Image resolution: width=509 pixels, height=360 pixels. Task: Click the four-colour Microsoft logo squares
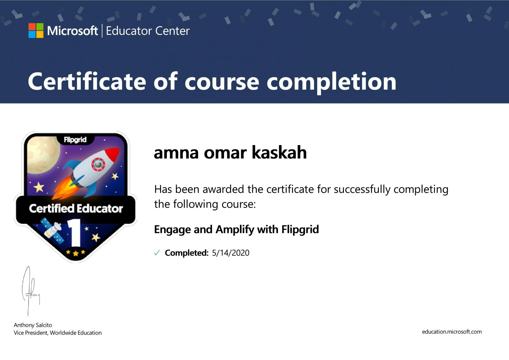pos(36,31)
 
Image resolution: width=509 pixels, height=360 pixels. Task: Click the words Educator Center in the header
pos(148,31)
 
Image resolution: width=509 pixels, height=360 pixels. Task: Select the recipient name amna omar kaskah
pos(230,152)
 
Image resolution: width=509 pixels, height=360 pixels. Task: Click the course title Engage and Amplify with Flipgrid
pos(236,229)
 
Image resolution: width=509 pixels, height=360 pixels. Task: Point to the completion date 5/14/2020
pos(231,253)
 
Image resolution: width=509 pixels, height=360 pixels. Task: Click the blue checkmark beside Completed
pos(157,253)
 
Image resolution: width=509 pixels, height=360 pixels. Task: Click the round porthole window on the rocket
pos(98,164)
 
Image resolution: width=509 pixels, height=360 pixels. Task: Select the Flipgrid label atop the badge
pos(75,140)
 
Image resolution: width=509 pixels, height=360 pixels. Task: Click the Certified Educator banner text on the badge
pos(76,208)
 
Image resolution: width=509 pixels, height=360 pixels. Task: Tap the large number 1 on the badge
pos(75,233)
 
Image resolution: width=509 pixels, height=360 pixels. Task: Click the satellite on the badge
pos(53,230)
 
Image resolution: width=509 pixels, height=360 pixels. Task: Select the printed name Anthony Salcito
pos(33,325)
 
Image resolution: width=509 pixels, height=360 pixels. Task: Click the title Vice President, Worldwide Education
pos(58,333)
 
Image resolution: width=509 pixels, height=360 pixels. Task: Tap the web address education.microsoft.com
pos(452,332)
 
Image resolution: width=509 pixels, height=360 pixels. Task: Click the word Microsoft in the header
pos(73,31)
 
